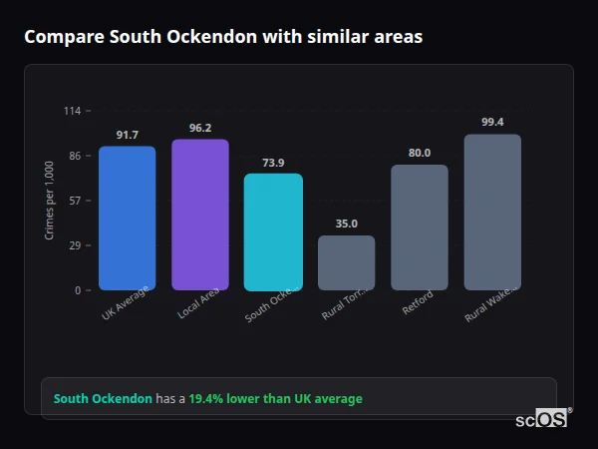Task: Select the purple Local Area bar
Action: [x=200, y=215]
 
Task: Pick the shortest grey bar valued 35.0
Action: [x=346, y=262]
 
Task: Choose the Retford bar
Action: [x=420, y=227]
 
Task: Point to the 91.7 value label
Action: [x=127, y=135]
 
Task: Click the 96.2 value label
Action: [x=200, y=128]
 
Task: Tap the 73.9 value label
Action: [x=273, y=163]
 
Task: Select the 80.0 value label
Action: [x=420, y=153]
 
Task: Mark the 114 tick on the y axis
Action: [x=73, y=111]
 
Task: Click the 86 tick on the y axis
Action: [x=75, y=156]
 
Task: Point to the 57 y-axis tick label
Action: [x=75, y=201]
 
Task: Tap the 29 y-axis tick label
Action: [x=75, y=245]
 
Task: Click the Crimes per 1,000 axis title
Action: [x=50, y=200]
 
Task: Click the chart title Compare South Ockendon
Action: [x=223, y=37]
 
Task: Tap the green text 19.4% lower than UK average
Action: [x=276, y=398]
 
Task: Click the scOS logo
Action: [x=541, y=419]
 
